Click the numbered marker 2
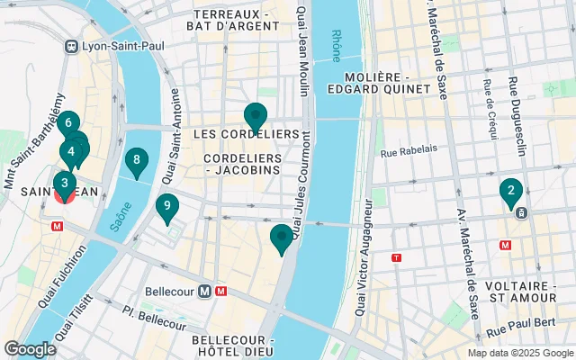point(511,191)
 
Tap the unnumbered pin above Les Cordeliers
point(256,117)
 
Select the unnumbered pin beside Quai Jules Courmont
point(282,238)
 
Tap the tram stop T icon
point(396,257)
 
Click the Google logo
point(30,349)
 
